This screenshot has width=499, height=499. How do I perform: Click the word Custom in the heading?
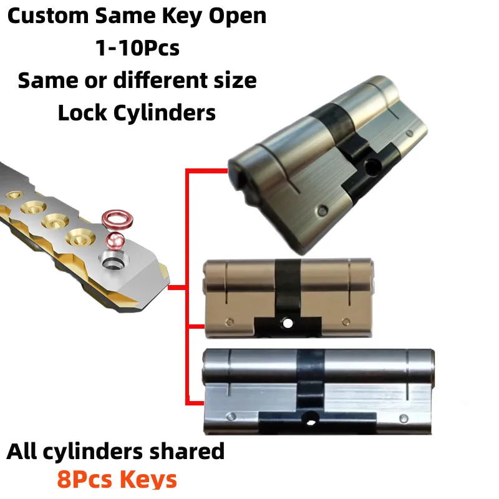tap(47, 16)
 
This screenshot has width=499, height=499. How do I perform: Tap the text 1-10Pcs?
tap(137, 48)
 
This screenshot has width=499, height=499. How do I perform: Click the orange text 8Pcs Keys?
tap(117, 479)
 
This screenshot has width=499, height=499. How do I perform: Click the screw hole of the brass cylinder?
tap(287, 324)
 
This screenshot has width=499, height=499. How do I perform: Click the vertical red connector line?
tap(187, 287)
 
